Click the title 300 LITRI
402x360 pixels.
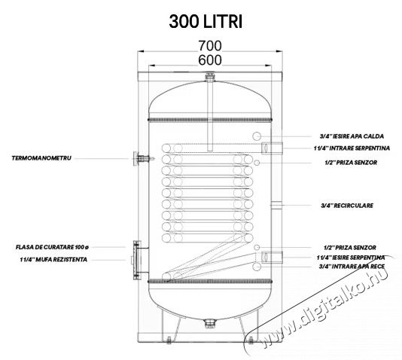coord(206,22)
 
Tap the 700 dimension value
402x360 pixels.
coord(210,46)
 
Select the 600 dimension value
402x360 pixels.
coord(210,60)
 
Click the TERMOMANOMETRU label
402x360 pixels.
coord(41,158)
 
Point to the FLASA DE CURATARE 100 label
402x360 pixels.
coord(52,248)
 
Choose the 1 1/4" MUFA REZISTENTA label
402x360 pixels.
coord(53,260)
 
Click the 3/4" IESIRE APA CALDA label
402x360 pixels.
coord(352,136)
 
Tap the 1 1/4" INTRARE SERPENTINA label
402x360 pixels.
coord(352,148)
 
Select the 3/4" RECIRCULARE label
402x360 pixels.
coord(347,206)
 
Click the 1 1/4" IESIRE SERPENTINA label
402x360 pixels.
coord(351,258)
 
